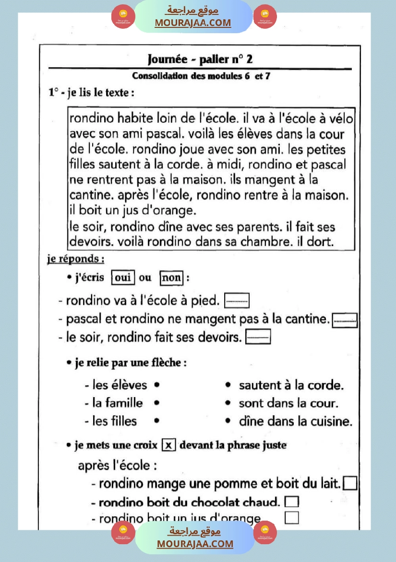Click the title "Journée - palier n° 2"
[x=200, y=59]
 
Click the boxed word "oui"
[x=123, y=278]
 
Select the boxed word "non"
[x=171, y=278]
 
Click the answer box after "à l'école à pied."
[x=237, y=301]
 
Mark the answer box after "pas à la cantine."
[x=345, y=320]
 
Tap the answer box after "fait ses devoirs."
[x=258, y=337]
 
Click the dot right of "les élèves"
[x=157, y=385]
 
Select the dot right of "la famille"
[x=157, y=403]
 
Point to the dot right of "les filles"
[x=157, y=421]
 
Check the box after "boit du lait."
[x=350, y=483]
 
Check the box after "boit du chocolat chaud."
[x=291, y=502]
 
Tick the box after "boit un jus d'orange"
[x=291, y=518]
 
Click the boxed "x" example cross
[x=168, y=445]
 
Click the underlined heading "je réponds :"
[x=76, y=259]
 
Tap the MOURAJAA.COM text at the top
[x=192, y=23]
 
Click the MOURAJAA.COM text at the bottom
[x=194, y=544]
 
